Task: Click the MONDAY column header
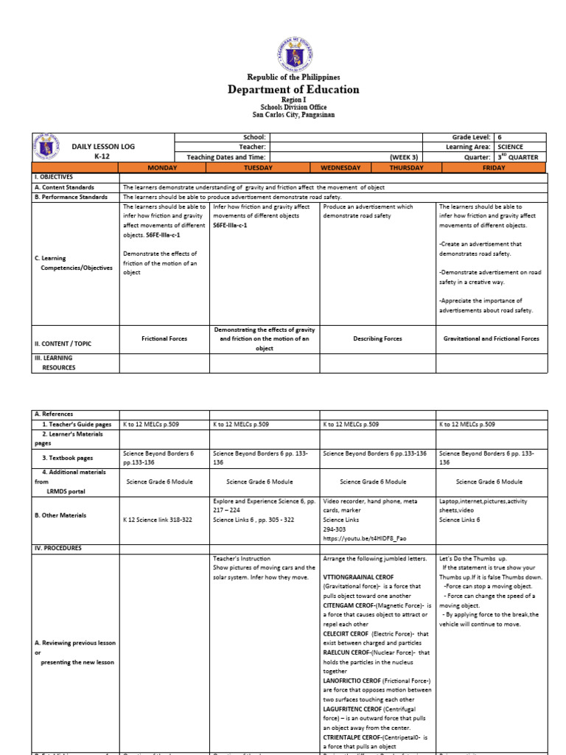click(x=164, y=167)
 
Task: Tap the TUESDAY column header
click(x=264, y=167)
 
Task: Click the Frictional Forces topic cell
click(x=164, y=338)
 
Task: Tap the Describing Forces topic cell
click(x=377, y=338)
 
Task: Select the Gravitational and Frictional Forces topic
click(x=491, y=338)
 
